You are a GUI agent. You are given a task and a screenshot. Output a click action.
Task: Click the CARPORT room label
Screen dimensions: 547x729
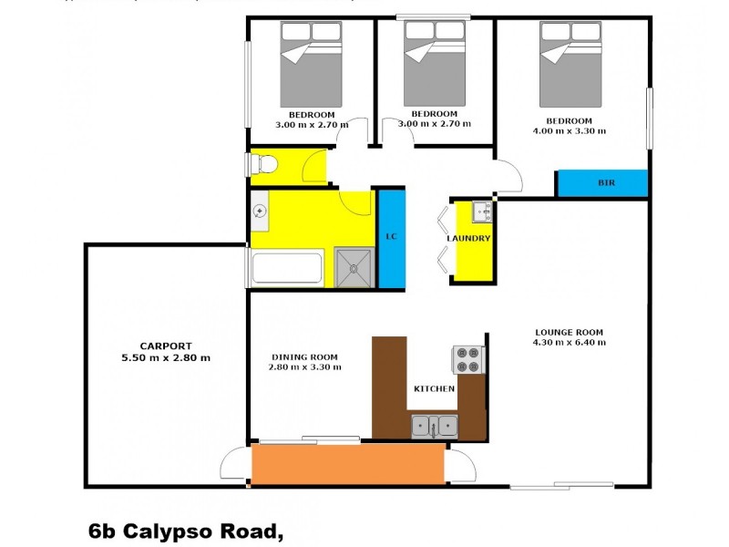pos(165,346)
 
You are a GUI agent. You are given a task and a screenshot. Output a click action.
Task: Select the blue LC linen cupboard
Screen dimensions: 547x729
pos(391,238)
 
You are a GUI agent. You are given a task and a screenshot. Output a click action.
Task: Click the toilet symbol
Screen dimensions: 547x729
pos(265,164)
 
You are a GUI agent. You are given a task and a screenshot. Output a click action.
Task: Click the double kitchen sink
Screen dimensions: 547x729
pos(435,425)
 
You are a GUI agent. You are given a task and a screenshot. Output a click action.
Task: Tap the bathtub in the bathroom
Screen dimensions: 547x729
pos(286,270)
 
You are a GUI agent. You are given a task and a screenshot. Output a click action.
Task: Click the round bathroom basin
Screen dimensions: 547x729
pos(260,212)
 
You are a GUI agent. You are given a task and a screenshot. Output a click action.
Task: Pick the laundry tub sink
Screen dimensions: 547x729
pos(481,212)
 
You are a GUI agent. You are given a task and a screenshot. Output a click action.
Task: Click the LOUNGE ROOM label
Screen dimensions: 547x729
pos(569,332)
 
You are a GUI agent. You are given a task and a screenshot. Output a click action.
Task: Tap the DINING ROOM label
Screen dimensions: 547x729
pos(305,356)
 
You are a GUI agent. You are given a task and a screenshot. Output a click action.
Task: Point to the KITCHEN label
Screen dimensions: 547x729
pos(434,389)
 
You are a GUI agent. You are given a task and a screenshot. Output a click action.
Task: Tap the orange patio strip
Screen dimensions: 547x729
pos(348,463)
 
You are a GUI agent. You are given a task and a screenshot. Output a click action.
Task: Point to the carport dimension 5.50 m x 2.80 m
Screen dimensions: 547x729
pos(166,357)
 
